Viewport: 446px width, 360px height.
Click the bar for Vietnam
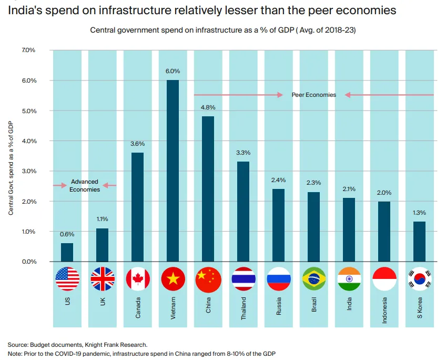pos(173,171)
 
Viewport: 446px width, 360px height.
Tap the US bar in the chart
pos(67,252)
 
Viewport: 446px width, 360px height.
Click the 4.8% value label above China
pos(208,107)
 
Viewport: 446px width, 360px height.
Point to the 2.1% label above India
pos(349,189)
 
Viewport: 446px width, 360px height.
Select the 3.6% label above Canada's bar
pos(137,143)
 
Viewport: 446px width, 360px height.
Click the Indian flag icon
pos(349,279)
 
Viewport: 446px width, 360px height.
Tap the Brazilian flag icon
pos(314,279)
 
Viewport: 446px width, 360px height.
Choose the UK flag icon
pos(102,279)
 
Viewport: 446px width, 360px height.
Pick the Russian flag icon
pos(279,279)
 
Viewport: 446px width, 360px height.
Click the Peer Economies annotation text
pos(313,95)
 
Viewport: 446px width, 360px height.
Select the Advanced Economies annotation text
pos(84,185)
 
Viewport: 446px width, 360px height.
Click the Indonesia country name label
pos(384,310)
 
